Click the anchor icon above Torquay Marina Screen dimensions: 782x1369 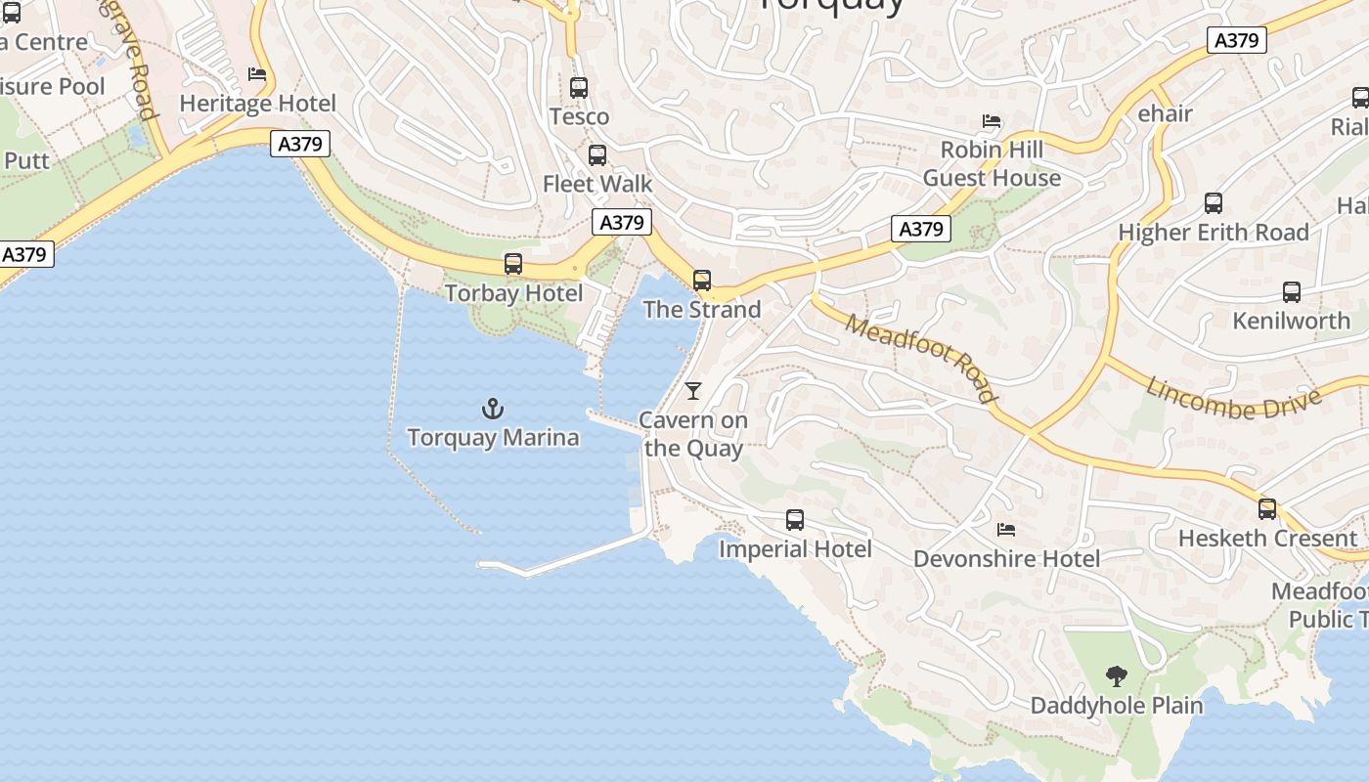(493, 409)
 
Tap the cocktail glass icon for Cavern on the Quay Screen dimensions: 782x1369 (693, 391)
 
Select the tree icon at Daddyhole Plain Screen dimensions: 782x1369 (1116, 676)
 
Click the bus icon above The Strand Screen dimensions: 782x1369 (702, 281)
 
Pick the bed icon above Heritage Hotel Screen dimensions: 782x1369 (257, 74)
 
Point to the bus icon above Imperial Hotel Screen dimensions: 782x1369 (795, 520)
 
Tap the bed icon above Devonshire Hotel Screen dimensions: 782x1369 (1006, 530)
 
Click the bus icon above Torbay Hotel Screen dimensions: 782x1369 (513, 264)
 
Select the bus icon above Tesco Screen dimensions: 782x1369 (579, 88)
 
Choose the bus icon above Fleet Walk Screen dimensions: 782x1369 (597, 155)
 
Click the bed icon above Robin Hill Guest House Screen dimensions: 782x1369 (992, 121)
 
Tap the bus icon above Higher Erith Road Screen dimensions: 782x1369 (1214, 203)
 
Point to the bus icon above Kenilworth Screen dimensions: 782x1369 (1292, 292)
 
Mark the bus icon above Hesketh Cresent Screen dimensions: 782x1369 (1267, 509)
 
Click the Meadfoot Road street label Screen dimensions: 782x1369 (921, 358)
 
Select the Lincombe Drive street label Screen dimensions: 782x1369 (1233, 398)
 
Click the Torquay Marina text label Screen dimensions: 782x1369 (493, 437)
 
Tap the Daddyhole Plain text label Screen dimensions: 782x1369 (1117, 705)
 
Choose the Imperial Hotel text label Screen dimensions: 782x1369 (795, 549)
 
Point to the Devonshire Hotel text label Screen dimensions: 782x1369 (1006, 559)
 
